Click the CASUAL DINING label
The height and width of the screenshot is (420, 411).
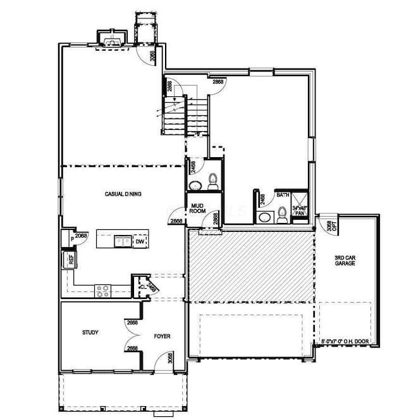click(x=123, y=194)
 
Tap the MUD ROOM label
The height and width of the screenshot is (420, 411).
click(x=200, y=208)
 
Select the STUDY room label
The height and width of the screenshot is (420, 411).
click(x=90, y=332)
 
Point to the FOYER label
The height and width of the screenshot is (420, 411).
click(x=163, y=336)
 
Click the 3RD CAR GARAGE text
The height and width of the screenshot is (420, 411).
click(x=345, y=260)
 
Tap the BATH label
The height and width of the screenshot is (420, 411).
click(x=283, y=195)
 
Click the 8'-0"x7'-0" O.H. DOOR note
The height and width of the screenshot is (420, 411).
click(x=345, y=342)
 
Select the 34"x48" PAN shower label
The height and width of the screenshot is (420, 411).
click(x=299, y=210)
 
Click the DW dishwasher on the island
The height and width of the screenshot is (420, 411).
click(x=140, y=241)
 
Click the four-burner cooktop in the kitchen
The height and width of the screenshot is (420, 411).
click(x=103, y=291)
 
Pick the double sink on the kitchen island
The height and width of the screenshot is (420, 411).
click(x=122, y=241)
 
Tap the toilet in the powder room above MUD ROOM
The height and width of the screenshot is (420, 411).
click(x=212, y=182)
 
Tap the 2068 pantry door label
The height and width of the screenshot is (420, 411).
click(x=81, y=235)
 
